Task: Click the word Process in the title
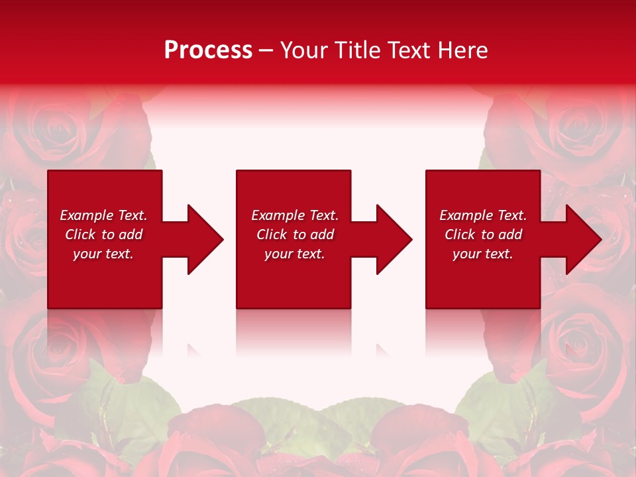coord(208,50)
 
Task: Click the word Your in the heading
coord(305,50)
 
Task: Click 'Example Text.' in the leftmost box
coord(103,215)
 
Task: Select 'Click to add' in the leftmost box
coord(103,235)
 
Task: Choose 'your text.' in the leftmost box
coord(103,254)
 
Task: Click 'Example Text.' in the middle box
coord(295,215)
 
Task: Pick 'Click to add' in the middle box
coord(295,235)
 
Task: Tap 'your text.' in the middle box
coord(295,254)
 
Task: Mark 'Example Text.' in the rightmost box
coord(483,215)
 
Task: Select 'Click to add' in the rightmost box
coord(483,235)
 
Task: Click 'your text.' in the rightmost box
coord(483,254)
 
